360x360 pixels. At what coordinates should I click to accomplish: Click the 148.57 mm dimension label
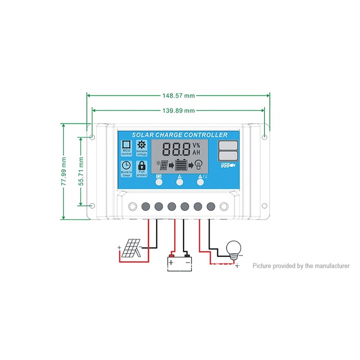pos(178,95)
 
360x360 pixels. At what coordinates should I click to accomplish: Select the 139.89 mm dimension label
pos(178,110)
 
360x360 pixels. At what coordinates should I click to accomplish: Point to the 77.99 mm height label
pos(64,171)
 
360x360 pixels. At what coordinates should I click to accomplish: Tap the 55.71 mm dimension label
pos(81,171)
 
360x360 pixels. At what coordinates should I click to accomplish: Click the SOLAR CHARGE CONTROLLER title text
pos(180,135)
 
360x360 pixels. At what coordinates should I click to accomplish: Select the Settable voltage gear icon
pos(142,144)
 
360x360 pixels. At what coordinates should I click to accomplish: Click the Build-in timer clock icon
pos(126,166)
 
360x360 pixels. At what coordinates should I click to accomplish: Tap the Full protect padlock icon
pos(142,166)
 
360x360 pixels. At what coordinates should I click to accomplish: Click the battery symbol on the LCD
pos(181,165)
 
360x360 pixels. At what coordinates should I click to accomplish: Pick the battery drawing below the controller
pos(179,262)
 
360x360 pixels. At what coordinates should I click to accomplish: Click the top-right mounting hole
pos(264,137)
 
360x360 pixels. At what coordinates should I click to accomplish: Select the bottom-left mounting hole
pos(92,206)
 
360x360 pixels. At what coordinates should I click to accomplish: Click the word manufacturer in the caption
pos(332,266)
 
